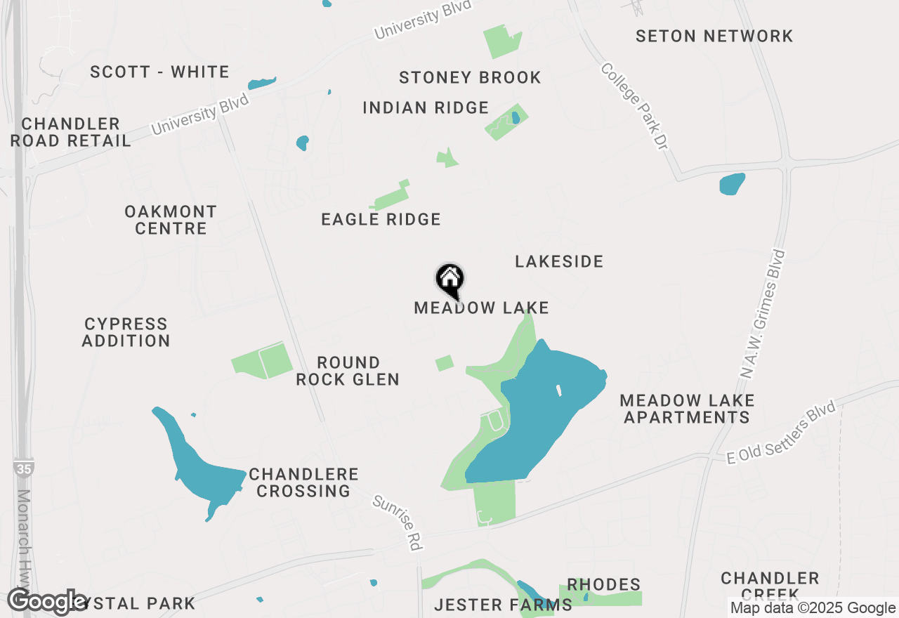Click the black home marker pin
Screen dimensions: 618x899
pos(450,280)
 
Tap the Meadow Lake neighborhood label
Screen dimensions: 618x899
pos(481,308)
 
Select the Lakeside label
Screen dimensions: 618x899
pos(559,262)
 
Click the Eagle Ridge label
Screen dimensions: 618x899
pos(381,220)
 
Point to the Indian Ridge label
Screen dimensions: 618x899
pos(426,108)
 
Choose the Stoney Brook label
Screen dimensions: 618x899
pos(470,77)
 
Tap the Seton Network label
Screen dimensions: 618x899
pos(714,36)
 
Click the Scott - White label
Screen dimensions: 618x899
pos(160,72)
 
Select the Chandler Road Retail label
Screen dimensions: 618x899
pos(70,132)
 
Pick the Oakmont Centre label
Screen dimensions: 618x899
pos(171,220)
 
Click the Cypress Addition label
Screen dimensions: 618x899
pos(126,332)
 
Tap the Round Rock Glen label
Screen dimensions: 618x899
pos(348,371)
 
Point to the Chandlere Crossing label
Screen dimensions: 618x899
pos(303,482)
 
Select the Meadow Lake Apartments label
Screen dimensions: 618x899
pos(687,409)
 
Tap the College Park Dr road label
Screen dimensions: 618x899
pos(634,105)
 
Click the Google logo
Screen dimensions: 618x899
pos(48,602)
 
